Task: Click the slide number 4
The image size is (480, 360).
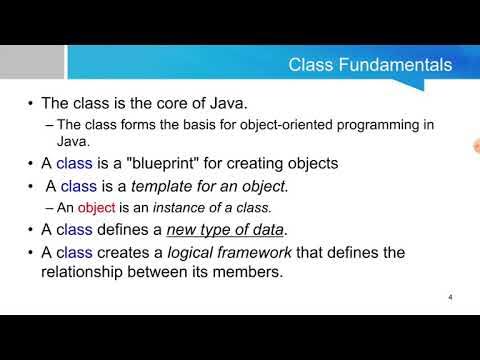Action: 451,298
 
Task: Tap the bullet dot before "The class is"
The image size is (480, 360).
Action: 32,104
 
